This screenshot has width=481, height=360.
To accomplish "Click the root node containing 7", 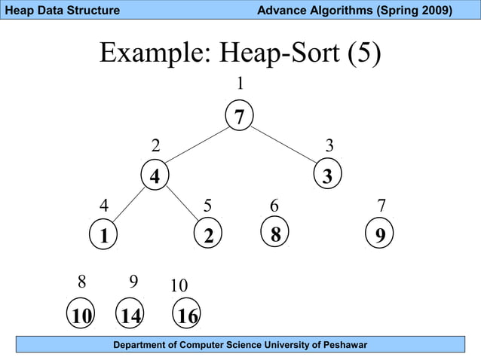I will pos(240,117).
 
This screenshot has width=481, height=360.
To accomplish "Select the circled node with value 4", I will pos(155,176).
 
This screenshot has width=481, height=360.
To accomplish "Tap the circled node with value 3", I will pos(327,176).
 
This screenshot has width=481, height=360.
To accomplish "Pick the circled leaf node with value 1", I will pos(103,236).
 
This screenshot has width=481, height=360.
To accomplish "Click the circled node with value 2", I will pos(208,236).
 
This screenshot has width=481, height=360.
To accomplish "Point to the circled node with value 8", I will pos(275,235).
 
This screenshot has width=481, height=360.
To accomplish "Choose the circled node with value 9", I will pos(380,236).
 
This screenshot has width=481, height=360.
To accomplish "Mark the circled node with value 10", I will pos(80,316).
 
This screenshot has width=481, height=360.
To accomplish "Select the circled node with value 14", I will pos(131,316).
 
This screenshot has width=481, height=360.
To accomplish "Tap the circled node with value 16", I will pos(187,316).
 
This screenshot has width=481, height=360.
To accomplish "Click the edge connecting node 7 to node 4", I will pos(198,145).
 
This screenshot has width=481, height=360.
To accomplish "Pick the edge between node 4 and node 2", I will pos(182,205).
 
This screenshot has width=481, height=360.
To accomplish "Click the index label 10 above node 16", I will pos(179,286).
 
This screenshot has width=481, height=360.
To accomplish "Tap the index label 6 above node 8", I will pos(275,205).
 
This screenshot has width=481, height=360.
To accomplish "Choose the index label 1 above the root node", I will pos(240,83).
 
